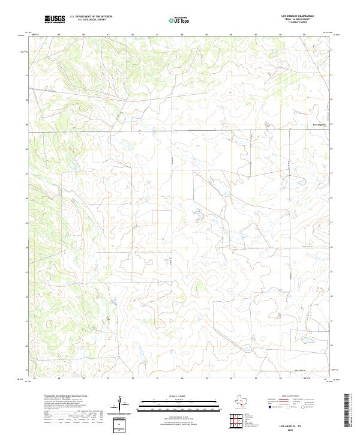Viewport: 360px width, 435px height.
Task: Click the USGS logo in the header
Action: [55, 20]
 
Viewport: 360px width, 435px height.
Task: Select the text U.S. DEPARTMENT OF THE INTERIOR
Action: [91, 17]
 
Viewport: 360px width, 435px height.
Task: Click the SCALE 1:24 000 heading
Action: [172, 397]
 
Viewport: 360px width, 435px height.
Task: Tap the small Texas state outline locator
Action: [239, 402]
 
